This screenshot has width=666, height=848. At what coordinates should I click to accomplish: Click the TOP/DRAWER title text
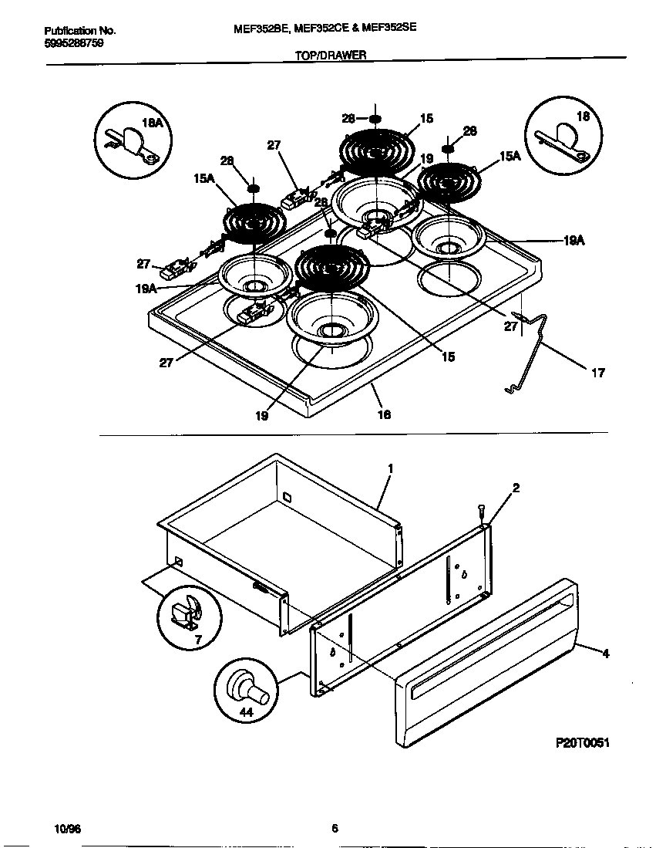(x=331, y=55)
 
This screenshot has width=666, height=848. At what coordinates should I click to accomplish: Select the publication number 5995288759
(x=74, y=43)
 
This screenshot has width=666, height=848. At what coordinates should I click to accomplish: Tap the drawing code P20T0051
(x=582, y=742)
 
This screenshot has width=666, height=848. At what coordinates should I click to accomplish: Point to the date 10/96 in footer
(x=68, y=829)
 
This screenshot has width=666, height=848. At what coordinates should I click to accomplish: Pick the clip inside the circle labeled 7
(x=186, y=613)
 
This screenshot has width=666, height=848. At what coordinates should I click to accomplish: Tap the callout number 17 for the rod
(x=597, y=373)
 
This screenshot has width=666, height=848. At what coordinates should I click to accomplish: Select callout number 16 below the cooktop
(x=383, y=414)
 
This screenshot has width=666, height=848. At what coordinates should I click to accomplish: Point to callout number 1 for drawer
(x=391, y=468)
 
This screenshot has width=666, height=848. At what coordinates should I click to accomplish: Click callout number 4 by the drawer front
(x=605, y=653)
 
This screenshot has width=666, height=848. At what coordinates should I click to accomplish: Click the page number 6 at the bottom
(x=335, y=829)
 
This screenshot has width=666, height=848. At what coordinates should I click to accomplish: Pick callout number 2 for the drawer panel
(x=516, y=488)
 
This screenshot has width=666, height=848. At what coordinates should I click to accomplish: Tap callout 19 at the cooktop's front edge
(x=261, y=414)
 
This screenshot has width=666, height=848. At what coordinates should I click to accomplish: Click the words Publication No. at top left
(x=80, y=31)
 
